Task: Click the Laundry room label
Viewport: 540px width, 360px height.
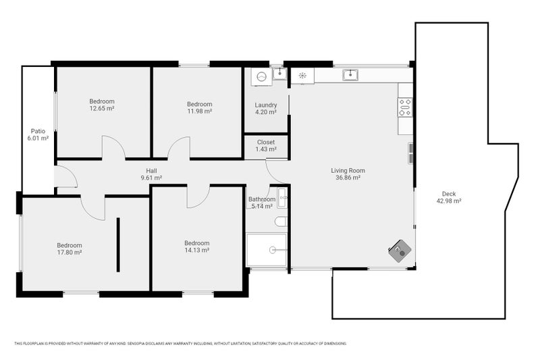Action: [266, 105]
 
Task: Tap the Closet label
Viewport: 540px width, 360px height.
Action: [266, 142]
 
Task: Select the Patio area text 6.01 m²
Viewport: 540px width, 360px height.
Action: [38, 138]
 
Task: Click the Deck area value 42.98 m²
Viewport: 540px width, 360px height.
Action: [449, 201]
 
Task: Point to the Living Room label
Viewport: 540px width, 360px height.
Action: [348, 170]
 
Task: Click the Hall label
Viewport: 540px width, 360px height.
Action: [151, 171]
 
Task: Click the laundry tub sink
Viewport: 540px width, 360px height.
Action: [279, 74]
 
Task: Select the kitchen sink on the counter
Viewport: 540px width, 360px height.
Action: [350, 75]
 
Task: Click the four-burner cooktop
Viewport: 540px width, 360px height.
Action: [405, 107]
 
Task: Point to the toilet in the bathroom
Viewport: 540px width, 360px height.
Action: [281, 222]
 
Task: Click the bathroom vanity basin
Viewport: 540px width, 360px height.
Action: [282, 198]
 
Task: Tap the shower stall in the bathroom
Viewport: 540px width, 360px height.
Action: [267, 250]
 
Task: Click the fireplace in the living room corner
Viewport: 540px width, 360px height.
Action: [400, 251]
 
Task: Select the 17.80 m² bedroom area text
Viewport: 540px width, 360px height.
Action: [70, 253]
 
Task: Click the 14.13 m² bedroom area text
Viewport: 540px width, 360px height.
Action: [196, 250]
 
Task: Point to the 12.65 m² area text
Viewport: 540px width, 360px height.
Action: [102, 109]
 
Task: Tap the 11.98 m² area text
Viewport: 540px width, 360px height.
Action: [199, 111]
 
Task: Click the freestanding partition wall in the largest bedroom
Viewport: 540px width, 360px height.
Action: [118, 245]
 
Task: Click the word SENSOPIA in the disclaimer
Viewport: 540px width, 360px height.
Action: [136, 344]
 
